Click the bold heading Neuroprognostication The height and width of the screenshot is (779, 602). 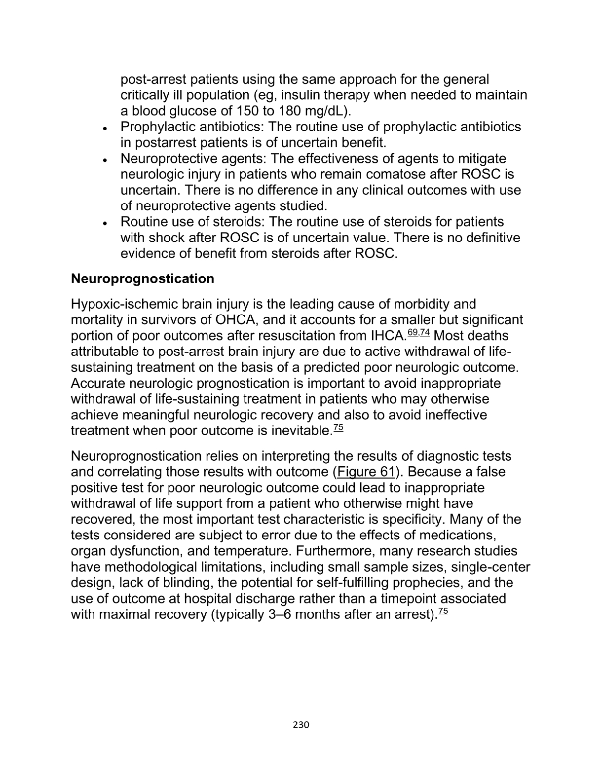(x=143, y=279)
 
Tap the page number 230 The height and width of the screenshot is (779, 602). (x=301, y=725)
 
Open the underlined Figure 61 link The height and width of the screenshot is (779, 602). (x=366, y=472)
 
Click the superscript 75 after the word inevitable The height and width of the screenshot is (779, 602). (x=338, y=428)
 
